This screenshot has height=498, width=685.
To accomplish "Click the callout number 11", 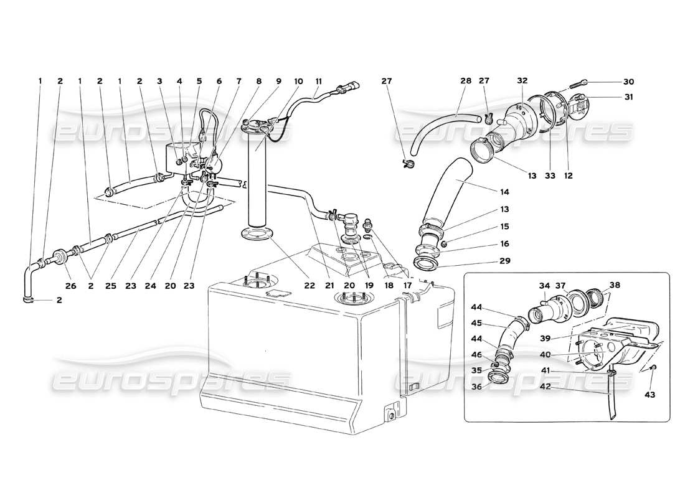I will pyautogui.click(x=319, y=82).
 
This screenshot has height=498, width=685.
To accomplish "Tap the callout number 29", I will pyautogui.click(x=503, y=261).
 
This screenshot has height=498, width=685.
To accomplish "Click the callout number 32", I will pyautogui.click(x=522, y=82).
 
